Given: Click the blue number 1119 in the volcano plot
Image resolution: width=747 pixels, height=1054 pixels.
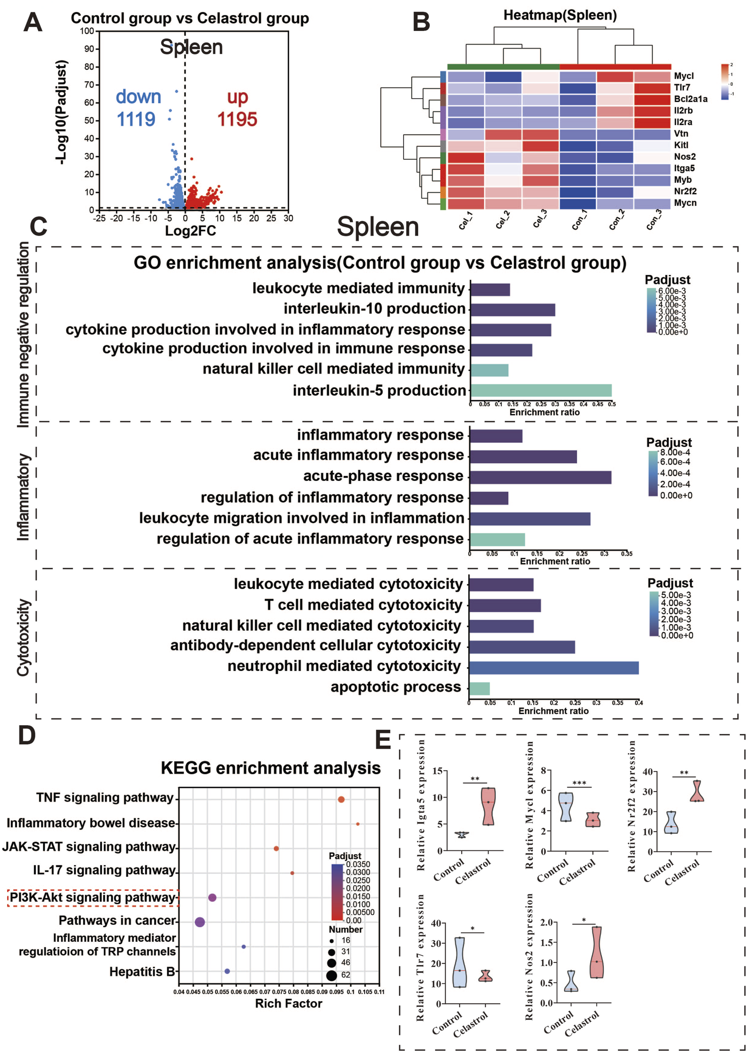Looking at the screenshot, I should [136, 119].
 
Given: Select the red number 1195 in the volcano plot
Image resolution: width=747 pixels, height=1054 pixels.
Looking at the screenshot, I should [237, 119].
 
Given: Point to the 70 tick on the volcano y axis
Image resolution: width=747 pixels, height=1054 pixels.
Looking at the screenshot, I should [89, 84].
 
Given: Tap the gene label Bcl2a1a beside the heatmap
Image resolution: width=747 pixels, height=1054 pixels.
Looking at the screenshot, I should [691, 99].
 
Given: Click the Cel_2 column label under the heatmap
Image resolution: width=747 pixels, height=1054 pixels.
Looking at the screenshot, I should [502, 220].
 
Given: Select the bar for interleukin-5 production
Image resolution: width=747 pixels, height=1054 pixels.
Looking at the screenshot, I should [541, 390].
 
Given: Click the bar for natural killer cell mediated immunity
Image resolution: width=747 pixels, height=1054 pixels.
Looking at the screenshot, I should [489, 370].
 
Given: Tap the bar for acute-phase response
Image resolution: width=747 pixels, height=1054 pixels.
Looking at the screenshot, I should [540, 477].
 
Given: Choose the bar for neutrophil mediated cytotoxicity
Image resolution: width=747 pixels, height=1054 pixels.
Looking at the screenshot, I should [553, 667].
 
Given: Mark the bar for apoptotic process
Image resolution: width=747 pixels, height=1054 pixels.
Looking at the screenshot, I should [479, 689].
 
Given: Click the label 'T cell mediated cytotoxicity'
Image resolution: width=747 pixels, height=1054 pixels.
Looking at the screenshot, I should [363, 605].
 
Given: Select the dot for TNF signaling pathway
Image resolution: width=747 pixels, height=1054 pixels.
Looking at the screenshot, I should [341, 799].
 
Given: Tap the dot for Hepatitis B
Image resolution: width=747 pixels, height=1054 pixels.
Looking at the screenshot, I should [227, 971].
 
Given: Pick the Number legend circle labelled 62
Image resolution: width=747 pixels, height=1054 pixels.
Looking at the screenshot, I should [331, 975].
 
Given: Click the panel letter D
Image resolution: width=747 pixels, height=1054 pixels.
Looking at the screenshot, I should [27, 735].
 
